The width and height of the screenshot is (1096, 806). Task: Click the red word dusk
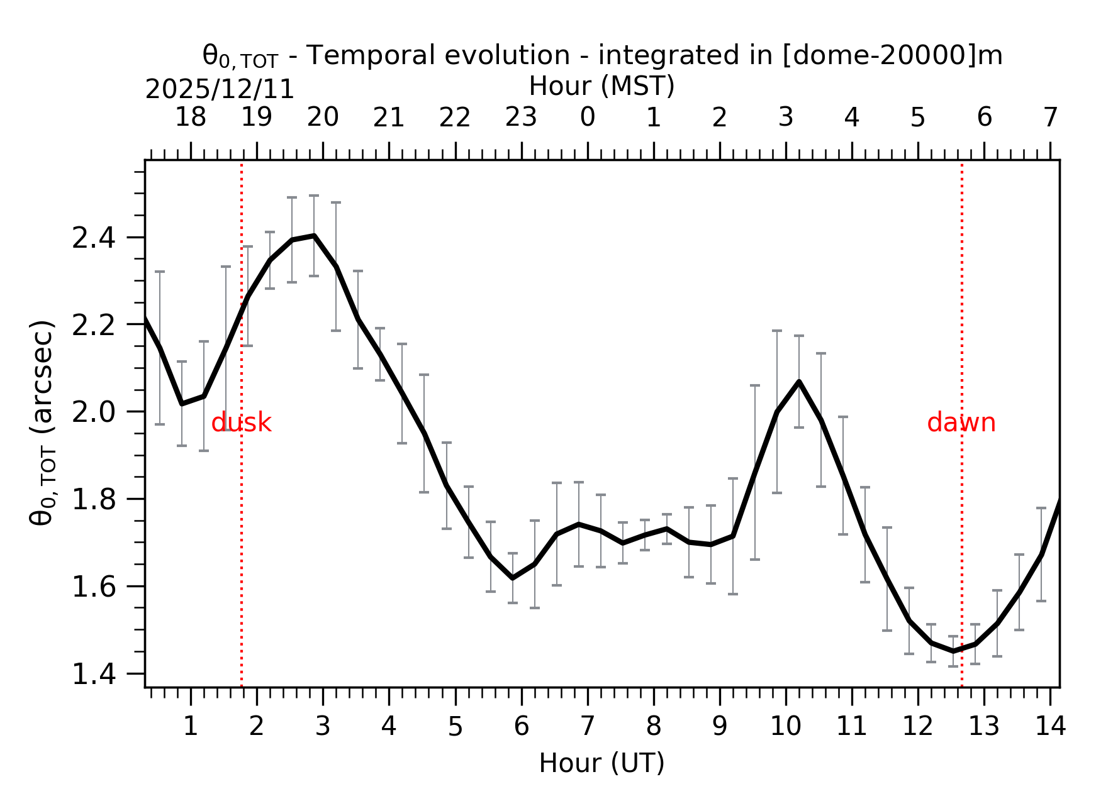[241, 423]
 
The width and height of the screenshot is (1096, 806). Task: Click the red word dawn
[961, 423]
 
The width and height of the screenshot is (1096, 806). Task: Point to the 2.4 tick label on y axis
[93, 238]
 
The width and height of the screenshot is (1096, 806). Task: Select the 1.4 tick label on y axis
[93, 675]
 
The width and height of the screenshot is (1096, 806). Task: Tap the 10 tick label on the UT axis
[785, 727]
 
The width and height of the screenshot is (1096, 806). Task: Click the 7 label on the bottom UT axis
[587, 727]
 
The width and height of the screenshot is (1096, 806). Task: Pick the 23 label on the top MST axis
[521, 118]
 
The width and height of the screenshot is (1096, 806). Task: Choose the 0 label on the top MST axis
[587, 118]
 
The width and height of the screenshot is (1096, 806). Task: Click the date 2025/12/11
[220, 90]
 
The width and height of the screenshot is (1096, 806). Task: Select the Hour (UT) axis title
[601, 763]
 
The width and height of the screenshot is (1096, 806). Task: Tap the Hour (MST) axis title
[601, 86]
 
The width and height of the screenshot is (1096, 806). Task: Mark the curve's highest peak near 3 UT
[314, 236]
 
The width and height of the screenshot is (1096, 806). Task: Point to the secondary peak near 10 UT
[798, 382]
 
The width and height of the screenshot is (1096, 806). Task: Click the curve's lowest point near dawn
[953, 651]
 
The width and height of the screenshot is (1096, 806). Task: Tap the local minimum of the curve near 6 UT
[513, 577]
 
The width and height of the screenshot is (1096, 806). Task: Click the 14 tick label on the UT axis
[1050, 727]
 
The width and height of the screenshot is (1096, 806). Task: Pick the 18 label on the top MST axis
[190, 118]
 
